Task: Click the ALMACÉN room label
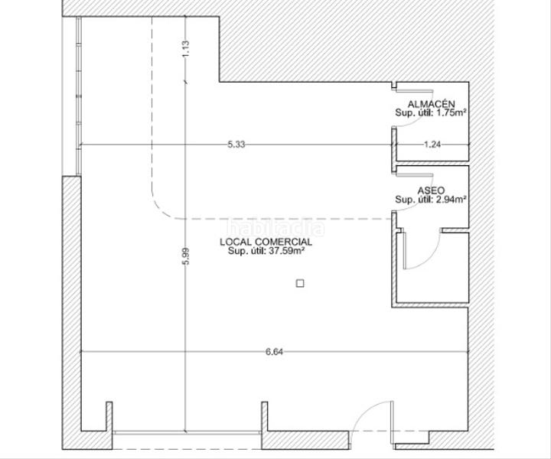pos(432,104)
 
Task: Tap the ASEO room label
pos(431,190)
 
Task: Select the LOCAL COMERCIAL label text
pos(266,242)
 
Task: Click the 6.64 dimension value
pos(274,352)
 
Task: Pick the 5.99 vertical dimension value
pos(184,256)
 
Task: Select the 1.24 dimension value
pos(433,144)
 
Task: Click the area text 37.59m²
pos(288,250)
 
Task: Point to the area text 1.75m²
pos(452,113)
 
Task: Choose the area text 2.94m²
pos(452,200)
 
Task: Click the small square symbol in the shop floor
pos(300,283)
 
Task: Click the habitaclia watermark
pos(275,227)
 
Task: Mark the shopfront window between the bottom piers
pos(188,433)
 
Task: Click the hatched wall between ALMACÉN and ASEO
pos(431,163)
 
